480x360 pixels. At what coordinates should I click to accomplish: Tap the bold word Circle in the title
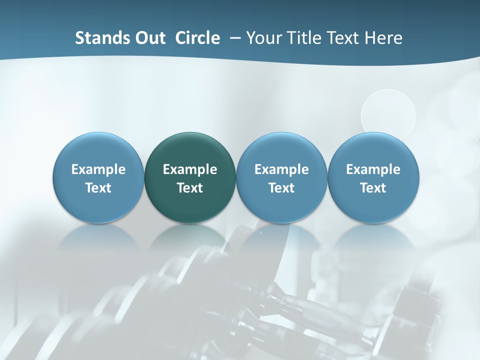coord(197,38)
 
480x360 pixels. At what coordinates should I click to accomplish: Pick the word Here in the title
coord(383,38)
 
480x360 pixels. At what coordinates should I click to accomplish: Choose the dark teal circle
coord(190,177)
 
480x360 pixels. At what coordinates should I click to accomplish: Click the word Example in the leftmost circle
coord(98,169)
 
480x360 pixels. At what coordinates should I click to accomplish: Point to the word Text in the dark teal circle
coord(190,188)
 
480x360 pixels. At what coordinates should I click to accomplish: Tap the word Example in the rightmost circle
coord(373,169)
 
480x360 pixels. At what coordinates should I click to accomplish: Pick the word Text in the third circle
coord(281,188)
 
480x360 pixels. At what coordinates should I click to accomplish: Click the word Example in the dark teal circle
coord(190,169)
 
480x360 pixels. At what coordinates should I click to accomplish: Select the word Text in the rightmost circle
coord(373,188)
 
